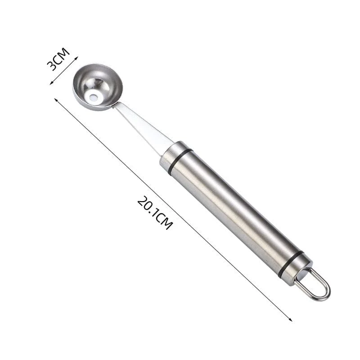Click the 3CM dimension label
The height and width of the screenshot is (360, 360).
58,59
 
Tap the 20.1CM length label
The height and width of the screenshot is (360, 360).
155,212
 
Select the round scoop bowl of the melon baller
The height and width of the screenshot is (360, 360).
98,87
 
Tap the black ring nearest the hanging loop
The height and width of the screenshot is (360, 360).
290,265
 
